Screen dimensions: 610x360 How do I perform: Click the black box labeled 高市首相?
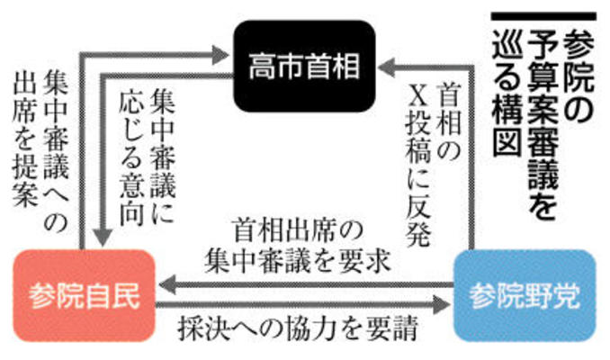coord(304,67)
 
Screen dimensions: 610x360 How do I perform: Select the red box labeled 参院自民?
coord(84,296)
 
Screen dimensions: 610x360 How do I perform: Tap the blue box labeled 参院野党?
coord(525,296)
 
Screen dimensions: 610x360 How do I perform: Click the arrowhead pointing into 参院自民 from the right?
coord(167,284)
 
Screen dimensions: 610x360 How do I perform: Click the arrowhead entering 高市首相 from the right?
coord(386,67)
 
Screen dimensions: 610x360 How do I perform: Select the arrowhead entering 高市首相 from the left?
coord(220,55)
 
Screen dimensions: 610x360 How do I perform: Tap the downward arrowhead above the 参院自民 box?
coord(103,238)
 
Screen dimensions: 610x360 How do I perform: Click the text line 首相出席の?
coord(297,230)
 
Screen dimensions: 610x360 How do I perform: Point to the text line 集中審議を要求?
coord(297,260)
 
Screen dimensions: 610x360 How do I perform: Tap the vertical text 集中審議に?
coord(162,156)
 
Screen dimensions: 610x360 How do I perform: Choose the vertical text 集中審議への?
coord(56,151)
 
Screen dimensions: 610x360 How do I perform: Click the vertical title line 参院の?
coord(579,77)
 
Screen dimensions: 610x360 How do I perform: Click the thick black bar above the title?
coord(543,16)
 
